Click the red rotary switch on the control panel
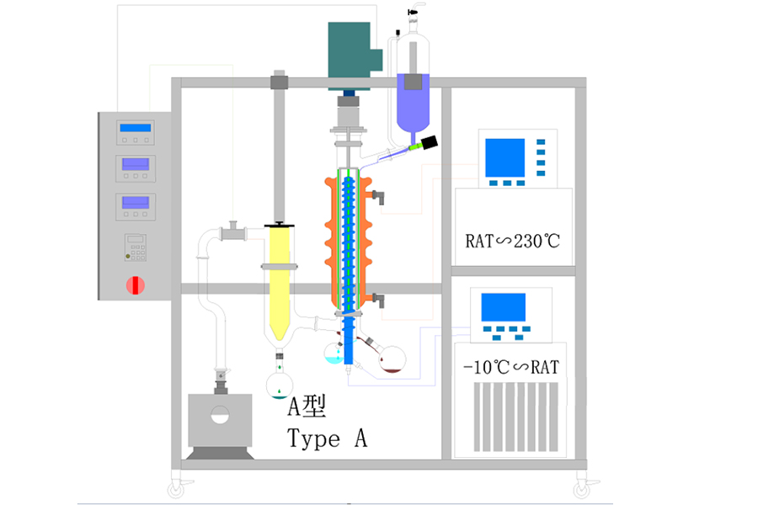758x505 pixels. (x=136, y=284)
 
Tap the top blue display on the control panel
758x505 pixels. (x=136, y=128)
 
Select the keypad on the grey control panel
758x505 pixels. (x=135, y=247)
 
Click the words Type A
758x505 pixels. (x=327, y=439)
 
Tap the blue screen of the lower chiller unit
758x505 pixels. (x=503, y=306)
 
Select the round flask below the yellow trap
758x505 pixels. (x=279, y=385)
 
